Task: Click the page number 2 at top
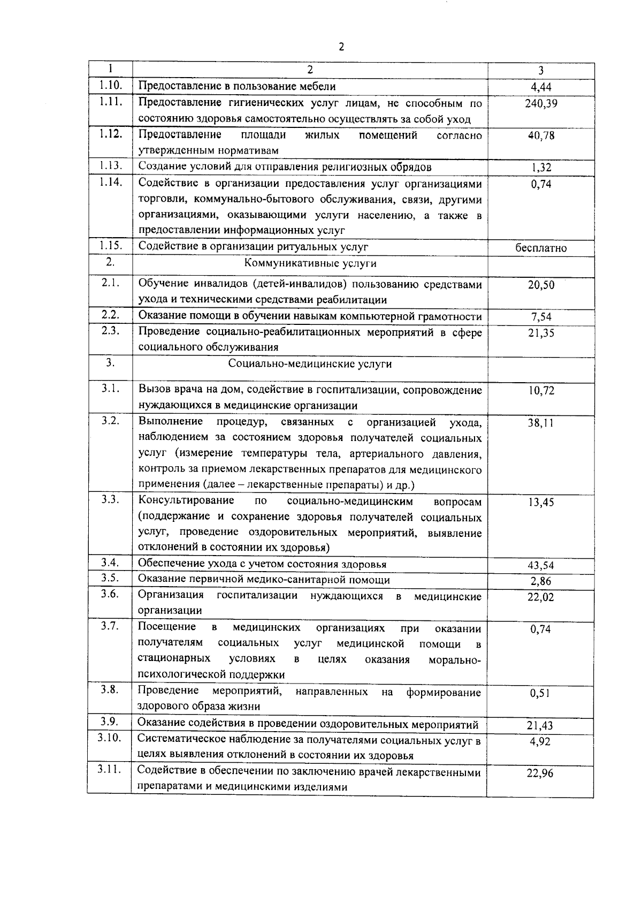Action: (x=341, y=47)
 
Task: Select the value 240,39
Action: (x=541, y=103)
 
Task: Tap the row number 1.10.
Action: (x=110, y=85)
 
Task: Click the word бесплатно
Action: (x=541, y=248)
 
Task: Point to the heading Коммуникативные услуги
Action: (x=310, y=263)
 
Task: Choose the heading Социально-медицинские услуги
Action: (x=310, y=364)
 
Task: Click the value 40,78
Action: (x=541, y=135)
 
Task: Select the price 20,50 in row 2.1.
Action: (x=541, y=285)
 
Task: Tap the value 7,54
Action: (x=541, y=316)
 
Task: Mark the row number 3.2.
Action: (x=110, y=420)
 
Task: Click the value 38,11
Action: (x=541, y=423)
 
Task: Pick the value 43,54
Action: (x=541, y=565)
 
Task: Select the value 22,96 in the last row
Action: (x=541, y=773)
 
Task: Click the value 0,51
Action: (x=541, y=693)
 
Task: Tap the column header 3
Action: (x=541, y=70)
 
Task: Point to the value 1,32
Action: (x=541, y=168)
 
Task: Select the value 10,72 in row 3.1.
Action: (x=541, y=391)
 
